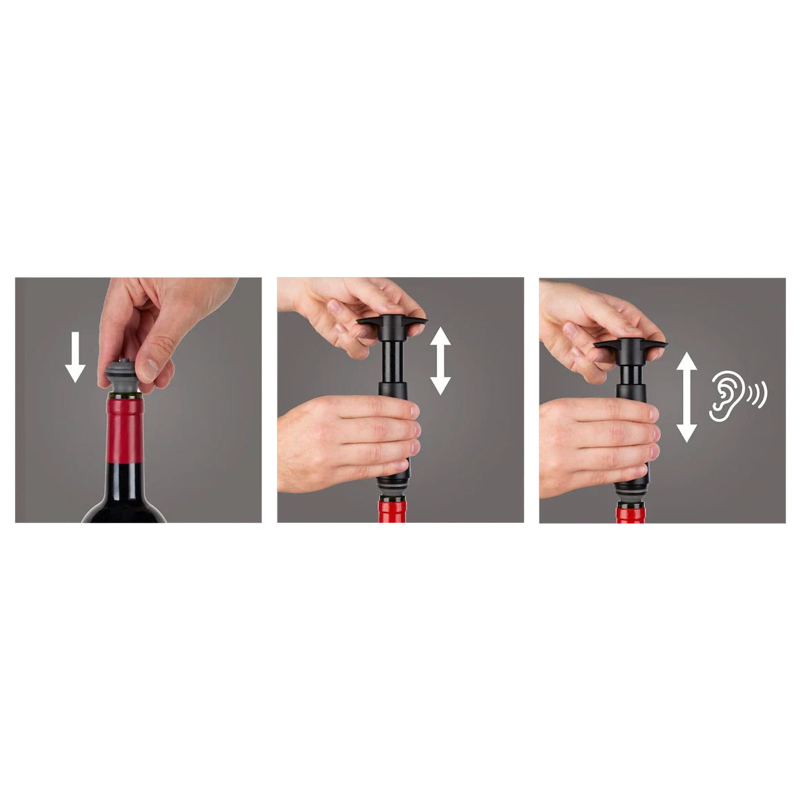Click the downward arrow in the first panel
tap(75, 357)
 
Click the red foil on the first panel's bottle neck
tap(124, 428)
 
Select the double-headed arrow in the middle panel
tap(440, 361)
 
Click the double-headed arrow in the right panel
tap(686, 397)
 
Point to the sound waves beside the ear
tap(758, 394)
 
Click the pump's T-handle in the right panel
tap(630, 343)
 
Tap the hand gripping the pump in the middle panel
tap(345, 442)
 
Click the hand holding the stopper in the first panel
tap(152, 318)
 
